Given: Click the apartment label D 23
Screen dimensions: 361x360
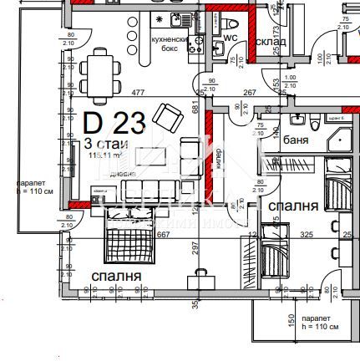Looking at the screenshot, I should tap(114, 124).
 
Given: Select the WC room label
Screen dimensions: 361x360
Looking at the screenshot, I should tap(233, 38).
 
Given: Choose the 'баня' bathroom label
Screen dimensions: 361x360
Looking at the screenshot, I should tap(296, 140).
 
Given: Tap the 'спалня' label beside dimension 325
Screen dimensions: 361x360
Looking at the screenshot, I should tap(292, 206).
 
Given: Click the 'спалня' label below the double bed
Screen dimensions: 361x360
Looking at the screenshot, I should tap(115, 275).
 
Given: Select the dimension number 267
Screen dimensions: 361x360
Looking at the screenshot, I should tap(249, 92).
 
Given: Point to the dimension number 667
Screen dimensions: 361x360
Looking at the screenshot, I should tap(163, 235).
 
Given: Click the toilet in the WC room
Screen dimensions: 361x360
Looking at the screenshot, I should tap(231, 23).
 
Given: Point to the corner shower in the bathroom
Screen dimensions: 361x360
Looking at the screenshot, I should tap(340, 139).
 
